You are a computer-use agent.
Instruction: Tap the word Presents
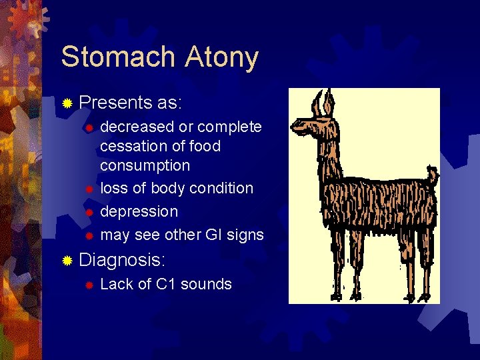pos(115,103)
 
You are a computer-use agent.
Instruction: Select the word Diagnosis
pos(122,259)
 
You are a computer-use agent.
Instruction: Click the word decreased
pos(137,127)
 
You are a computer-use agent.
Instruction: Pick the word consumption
pos(145,165)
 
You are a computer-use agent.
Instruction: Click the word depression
pos(139,211)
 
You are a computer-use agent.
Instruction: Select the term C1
pos(167,284)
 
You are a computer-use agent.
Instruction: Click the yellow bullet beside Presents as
pos(67,103)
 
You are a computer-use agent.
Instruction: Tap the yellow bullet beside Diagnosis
pos(67,260)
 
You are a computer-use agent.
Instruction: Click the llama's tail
pos(433,177)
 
